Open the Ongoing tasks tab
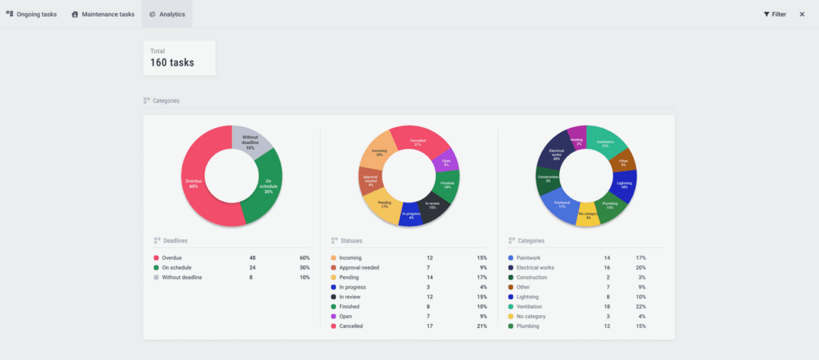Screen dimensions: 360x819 click(32, 14)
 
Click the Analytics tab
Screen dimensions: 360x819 click(167, 14)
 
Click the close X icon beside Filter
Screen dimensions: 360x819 click(802, 14)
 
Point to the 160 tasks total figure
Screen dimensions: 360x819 click(172, 62)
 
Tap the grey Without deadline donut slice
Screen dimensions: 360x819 click(250, 140)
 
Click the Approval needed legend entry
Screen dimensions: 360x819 click(359, 268)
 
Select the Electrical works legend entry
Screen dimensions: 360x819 click(537, 268)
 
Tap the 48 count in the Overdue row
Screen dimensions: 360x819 click(254, 258)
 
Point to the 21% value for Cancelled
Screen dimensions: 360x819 click(482, 326)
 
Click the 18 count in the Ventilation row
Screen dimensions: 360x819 click(607, 306)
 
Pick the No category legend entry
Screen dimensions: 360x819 click(532, 316)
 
